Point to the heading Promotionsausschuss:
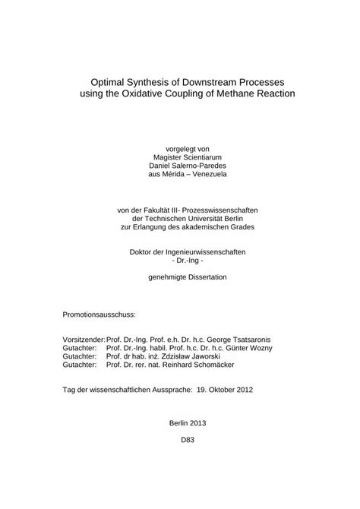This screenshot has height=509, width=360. point(99,313)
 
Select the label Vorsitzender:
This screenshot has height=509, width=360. point(84,339)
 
